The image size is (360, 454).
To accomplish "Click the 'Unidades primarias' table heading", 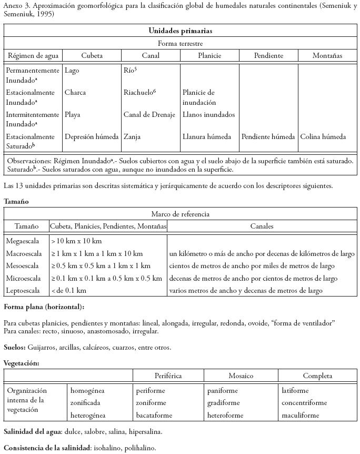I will [x=180, y=31].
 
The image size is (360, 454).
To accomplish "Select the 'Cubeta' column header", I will [x=92, y=55].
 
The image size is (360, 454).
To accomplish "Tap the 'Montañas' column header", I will [x=327, y=55].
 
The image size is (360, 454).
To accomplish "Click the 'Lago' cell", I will [x=72, y=70].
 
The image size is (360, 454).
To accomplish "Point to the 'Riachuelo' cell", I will [x=139, y=92].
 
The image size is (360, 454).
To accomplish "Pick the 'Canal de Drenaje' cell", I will [x=149, y=114].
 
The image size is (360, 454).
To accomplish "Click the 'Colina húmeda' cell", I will [x=323, y=136].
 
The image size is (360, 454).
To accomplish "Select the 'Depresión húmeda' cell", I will [x=92, y=136].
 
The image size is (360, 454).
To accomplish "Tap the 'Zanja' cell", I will [x=132, y=136].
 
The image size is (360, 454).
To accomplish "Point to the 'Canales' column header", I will [x=262, y=226].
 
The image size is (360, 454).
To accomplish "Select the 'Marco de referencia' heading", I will [x=180, y=214].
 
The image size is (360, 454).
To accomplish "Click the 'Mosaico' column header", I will [x=241, y=376].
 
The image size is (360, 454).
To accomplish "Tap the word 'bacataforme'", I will [x=154, y=415].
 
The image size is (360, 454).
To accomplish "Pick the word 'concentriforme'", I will [x=305, y=403].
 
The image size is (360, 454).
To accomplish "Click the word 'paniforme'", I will [x=222, y=391].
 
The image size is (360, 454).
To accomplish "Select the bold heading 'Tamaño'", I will [x=16, y=201].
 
